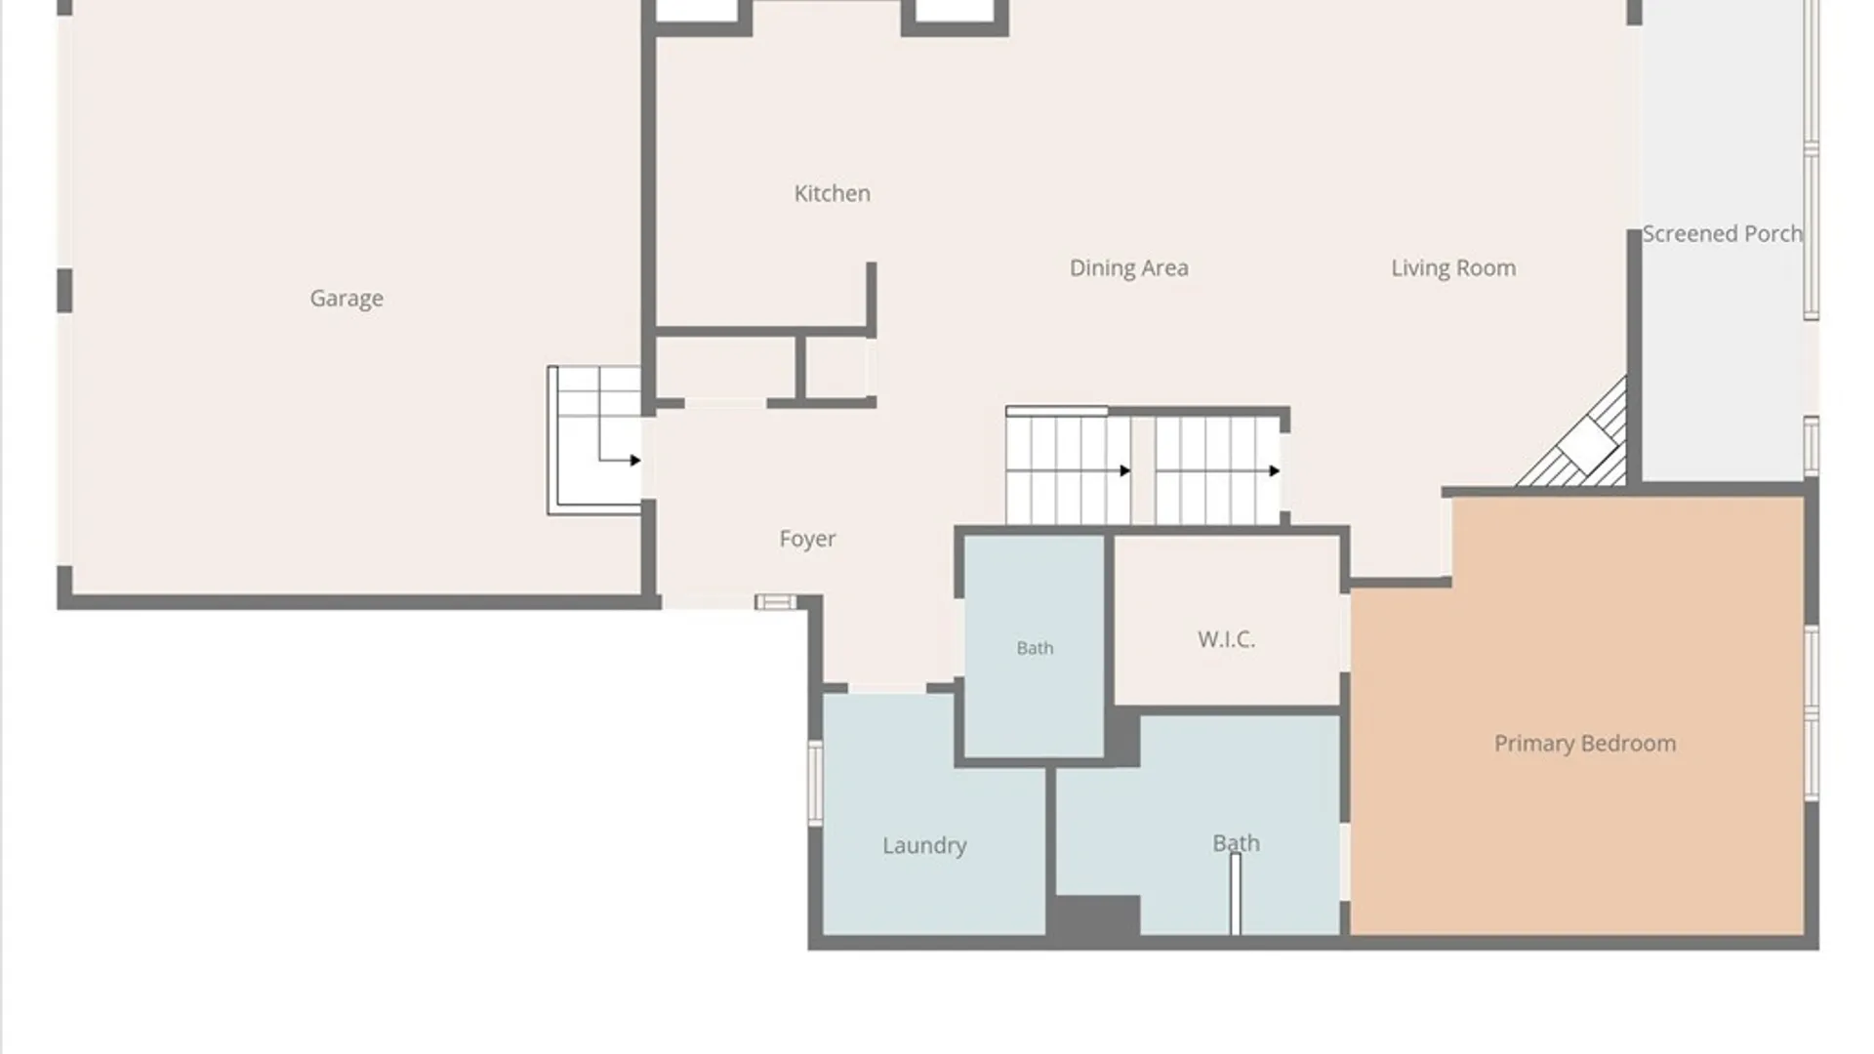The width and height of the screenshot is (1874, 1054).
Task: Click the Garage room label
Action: point(346,299)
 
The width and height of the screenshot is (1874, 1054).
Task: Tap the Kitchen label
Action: point(832,193)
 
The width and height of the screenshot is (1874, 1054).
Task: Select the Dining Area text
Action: point(1129,268)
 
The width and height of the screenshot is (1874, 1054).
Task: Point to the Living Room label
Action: point(1453,268)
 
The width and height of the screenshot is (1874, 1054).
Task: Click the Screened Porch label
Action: point(1722,234)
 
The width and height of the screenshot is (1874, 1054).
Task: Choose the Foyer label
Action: point(807,539)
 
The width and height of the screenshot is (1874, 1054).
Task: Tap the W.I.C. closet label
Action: point(1226,639)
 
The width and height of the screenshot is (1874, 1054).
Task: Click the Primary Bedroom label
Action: point(1585,744)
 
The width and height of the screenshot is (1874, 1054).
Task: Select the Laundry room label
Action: point(924,845)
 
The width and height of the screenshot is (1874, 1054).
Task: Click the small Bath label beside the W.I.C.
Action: point(1035,648)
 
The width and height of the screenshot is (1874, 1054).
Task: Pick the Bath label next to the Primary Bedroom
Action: point(1236,843)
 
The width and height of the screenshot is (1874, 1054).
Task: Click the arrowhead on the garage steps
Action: point(635,461)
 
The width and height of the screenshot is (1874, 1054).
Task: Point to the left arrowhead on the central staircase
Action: point(1125,471)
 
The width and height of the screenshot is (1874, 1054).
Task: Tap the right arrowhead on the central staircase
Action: point(1275,471)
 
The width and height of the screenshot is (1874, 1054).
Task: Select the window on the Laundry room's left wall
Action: point(815,783)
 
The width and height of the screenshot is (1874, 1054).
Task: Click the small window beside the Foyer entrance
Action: point(775,602)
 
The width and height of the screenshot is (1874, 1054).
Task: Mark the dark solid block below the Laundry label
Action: point(1094,917)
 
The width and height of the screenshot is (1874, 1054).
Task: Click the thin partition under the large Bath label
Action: point(1236,894)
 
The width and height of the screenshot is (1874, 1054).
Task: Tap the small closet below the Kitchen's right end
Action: point(836,368)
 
